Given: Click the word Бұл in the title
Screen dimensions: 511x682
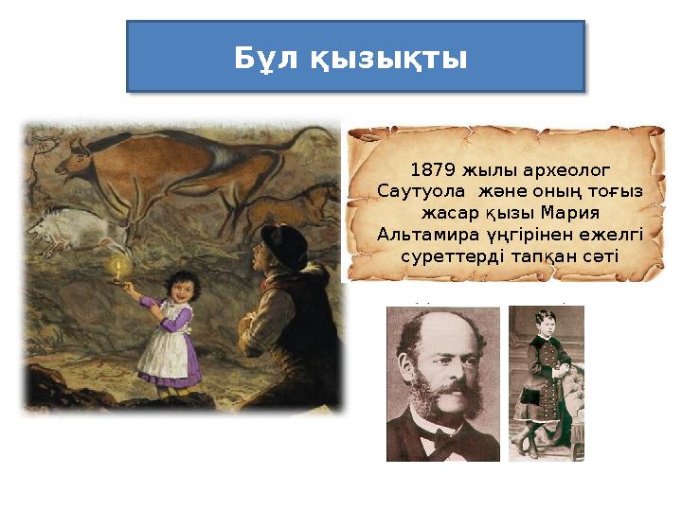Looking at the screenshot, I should [x=267, y=59].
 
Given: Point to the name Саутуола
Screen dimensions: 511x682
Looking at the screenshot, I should [x=421, y=192].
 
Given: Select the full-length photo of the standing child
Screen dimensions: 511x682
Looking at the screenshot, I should [x=546, y=383].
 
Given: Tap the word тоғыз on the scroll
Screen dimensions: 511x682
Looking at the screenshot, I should [x=617, y=192].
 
